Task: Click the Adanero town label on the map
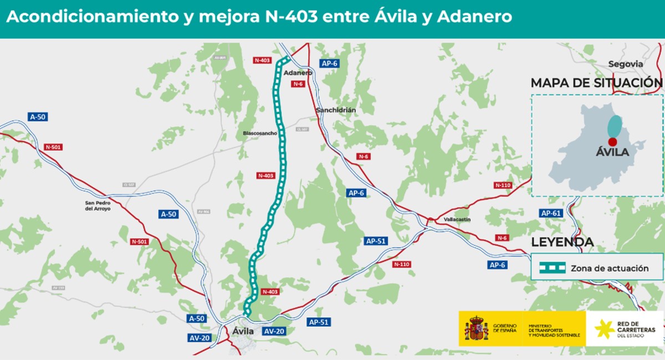[298, 73]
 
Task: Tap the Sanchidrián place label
[336, 110]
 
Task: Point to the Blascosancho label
[259, 133]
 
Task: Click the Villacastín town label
[457, 220]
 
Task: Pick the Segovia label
[626, 64]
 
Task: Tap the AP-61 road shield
[551, 213]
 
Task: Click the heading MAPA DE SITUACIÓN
[596, 83]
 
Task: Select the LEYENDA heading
[562, 242]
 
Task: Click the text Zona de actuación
[610, 268]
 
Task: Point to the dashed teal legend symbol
[553, 268]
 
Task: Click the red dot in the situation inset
[612, 142]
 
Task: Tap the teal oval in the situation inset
[614, 126]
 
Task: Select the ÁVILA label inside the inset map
[612, 152]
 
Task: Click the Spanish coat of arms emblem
[476, 328]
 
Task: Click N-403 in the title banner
[288, 17]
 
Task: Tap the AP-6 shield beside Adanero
[329, 63]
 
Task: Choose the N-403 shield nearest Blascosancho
[266, 176]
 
